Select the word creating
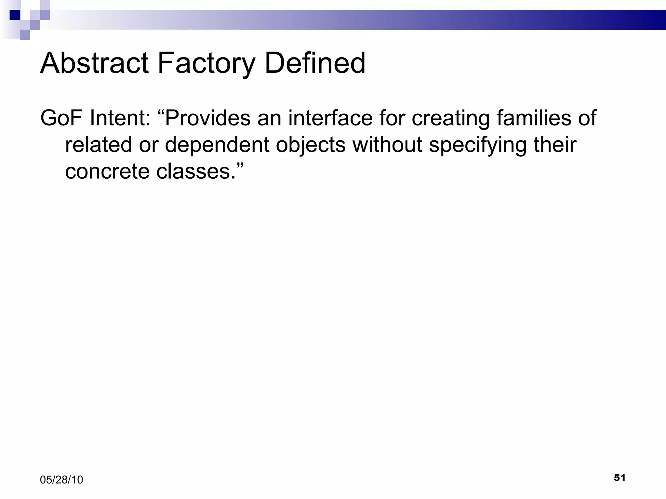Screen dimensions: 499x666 (x=451, y=119)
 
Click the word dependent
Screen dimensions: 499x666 (x=217, y=146)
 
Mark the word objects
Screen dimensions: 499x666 (x=311, y=146)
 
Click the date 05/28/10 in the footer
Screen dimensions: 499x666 (x=61, y=480)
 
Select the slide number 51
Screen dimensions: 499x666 (x=619, y=478)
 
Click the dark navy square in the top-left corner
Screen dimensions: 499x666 (x=15, y=15)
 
